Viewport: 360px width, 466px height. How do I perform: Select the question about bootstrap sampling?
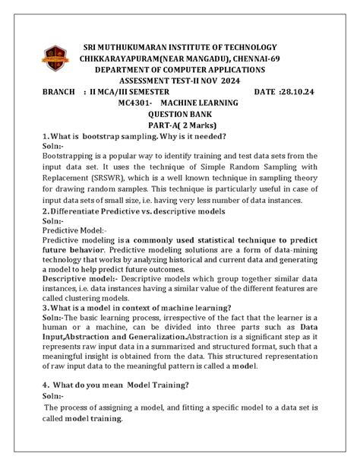click(144, 136)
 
